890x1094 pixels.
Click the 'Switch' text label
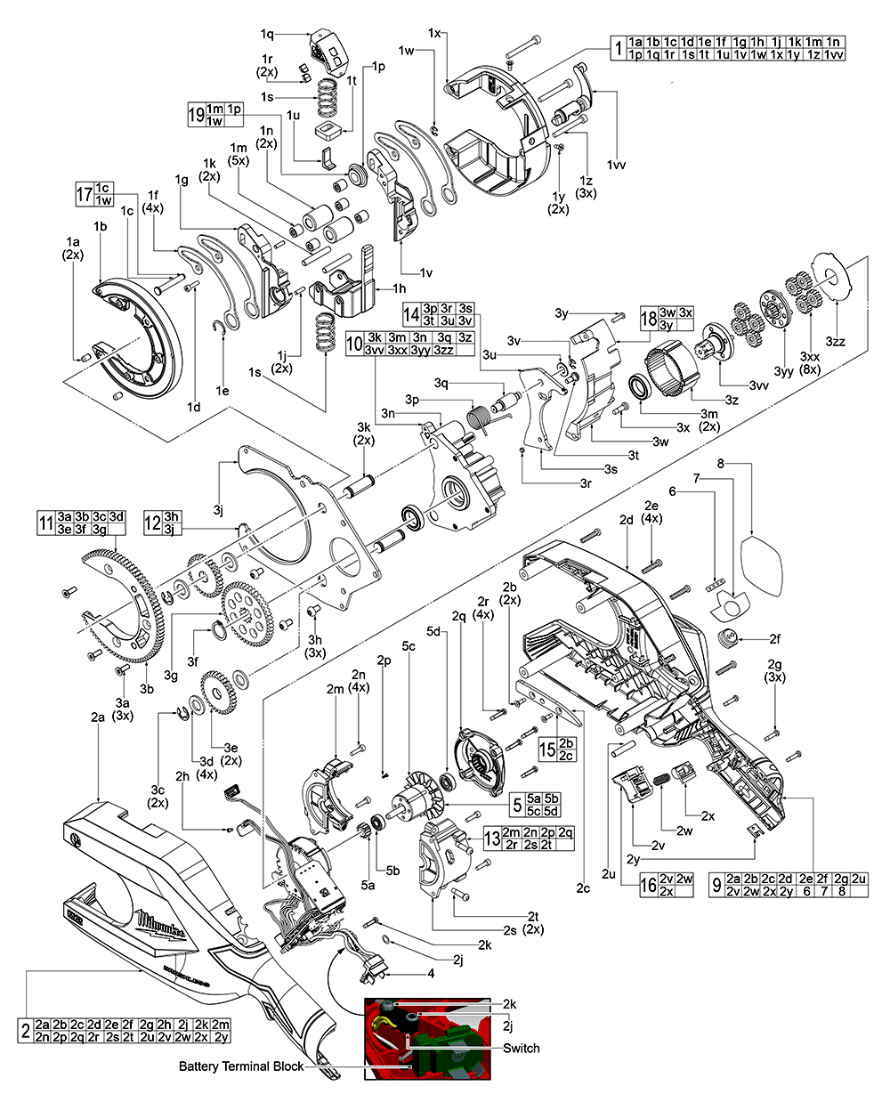(x=521, y=1048)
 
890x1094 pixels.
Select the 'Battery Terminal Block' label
(x=240, y=1066)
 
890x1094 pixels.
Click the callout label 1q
(x=267, y=33)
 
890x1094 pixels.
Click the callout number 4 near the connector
(x=431, y=973)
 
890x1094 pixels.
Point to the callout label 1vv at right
(x=614, y=166)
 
